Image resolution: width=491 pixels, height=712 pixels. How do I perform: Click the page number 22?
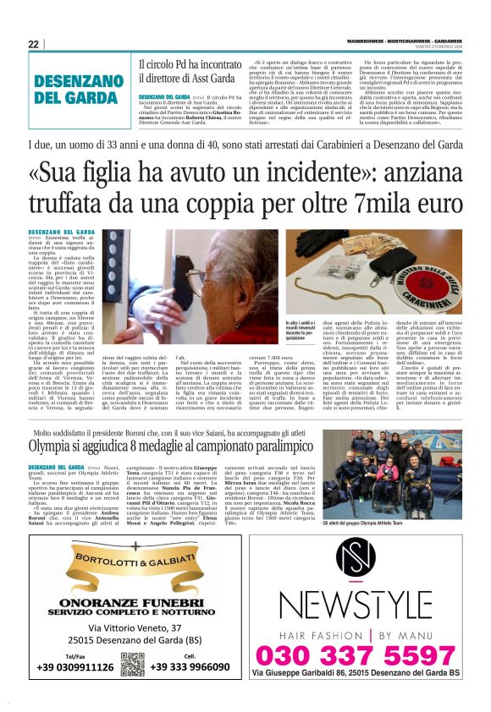(34, 44)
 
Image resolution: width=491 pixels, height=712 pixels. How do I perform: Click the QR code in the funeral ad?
(132, 665)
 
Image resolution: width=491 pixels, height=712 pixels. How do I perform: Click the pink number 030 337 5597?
(367, 655)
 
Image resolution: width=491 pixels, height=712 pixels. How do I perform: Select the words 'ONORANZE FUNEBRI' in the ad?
(132, 596)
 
